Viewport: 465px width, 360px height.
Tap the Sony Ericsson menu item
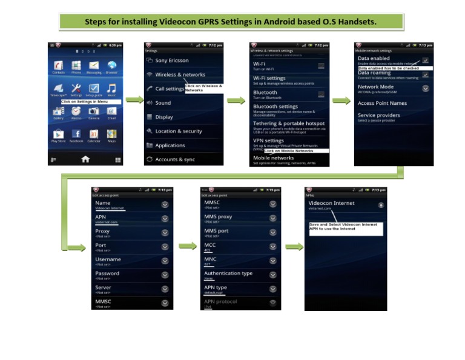pos(171,61)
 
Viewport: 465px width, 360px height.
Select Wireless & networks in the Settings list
pos(180,75)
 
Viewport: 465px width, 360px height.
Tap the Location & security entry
pos(178,131)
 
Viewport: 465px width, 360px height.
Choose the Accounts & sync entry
pos(174,159)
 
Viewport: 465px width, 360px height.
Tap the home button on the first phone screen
pos(85,159)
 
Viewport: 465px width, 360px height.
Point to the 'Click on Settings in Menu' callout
pos(90,102)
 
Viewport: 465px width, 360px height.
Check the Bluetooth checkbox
pos(322,95)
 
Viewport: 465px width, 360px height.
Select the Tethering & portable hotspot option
pos(289,124)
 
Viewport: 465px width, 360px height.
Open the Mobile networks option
pos(273,158)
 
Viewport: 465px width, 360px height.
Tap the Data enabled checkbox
pos(426,61)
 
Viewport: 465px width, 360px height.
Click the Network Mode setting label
pos(375,87)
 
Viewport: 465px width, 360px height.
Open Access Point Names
pos(382,103)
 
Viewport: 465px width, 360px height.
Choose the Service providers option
pos(378,115)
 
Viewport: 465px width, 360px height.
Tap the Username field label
pos(108,259)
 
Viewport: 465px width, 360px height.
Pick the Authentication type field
pos(228,273)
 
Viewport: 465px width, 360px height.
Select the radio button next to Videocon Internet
pos(381,205)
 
